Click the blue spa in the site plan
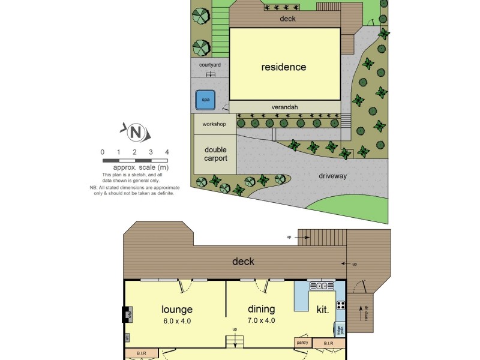coord(206,100)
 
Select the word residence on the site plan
coord(283,67)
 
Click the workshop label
coord(214,124)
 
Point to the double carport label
coord(215,154)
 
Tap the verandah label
coord(284,107)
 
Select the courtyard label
coord(210,64)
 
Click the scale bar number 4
coord(167,152)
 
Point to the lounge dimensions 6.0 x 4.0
coord(177,320)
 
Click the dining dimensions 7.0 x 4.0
coord(262,320)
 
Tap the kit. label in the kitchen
coord(323,310)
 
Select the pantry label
coord(302,343)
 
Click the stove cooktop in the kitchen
coord(341,304)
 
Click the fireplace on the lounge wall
coord(127,314)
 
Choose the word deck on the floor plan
coord(243,261)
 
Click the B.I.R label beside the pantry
coord(328,343)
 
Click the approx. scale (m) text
coord(135,167)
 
